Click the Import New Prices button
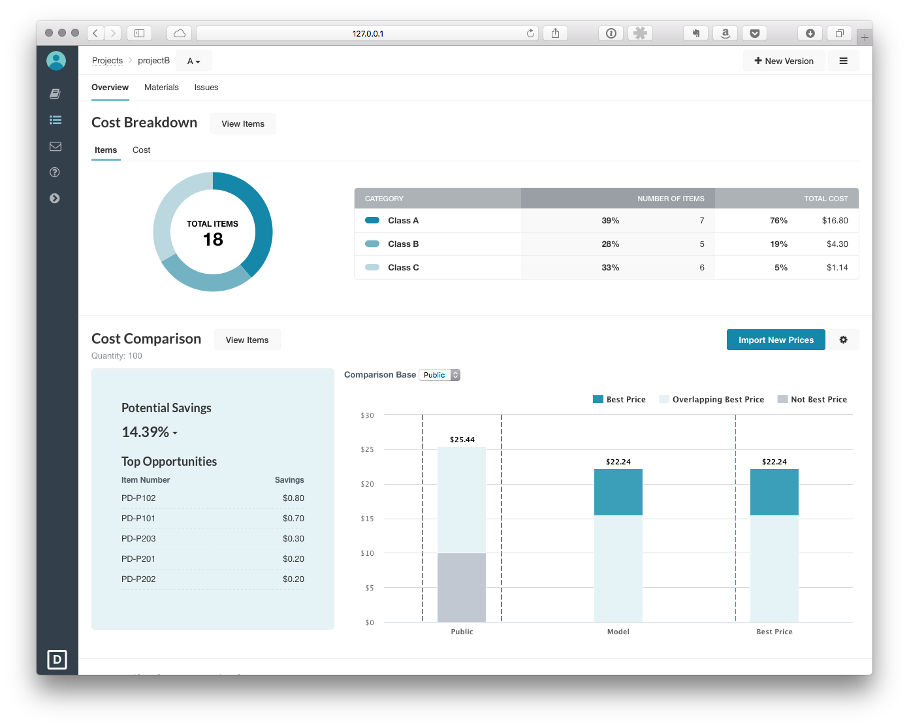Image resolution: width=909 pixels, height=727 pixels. (776, 340)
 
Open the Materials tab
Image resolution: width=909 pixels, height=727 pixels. (161, 88)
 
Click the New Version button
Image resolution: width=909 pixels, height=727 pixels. (784, 61)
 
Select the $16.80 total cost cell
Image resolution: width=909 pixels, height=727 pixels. (835, 221)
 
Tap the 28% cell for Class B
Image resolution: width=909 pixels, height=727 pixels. (610, 244)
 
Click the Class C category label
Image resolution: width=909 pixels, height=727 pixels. (403, 268)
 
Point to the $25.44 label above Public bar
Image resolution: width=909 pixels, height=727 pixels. (462, 440)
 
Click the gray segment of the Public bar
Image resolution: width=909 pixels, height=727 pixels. (462, 587)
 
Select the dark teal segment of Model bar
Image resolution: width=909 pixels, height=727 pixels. (618, 493)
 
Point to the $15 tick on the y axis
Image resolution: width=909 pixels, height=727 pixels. (368, 519)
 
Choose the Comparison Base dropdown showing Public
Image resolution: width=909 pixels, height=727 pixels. (439, 375)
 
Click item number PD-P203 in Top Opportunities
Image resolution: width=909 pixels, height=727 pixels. (138, 539)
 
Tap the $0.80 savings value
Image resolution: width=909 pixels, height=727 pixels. (293, 498)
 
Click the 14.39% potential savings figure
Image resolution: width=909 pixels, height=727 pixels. (146, 432)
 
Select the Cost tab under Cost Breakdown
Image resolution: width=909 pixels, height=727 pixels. (141, 150)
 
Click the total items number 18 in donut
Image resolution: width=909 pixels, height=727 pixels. (213, 240)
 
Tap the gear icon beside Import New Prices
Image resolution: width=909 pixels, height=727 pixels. (843, 340)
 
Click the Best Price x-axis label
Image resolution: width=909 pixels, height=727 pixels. (774, 632)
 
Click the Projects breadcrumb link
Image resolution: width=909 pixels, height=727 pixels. (107, 61)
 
